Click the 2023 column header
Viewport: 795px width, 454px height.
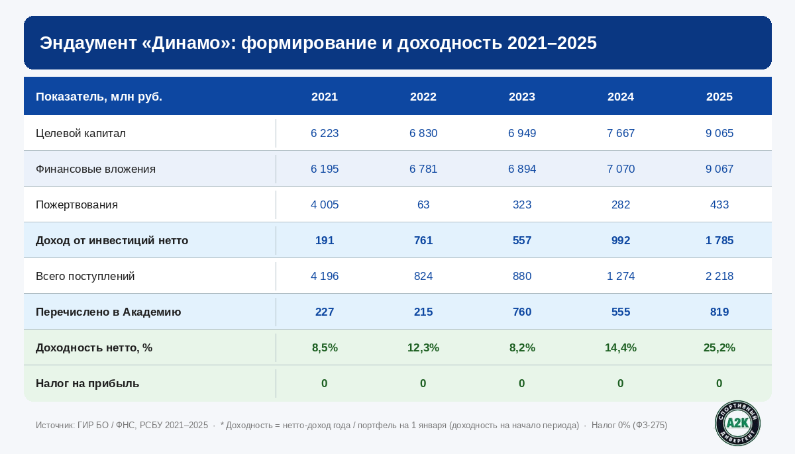tap(522, 97)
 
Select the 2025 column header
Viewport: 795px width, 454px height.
tap(719, 97)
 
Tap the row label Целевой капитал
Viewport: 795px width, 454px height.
tap(81, 134)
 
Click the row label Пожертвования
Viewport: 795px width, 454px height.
tap(77, 205)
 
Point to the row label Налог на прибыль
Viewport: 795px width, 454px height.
tap(87, 384)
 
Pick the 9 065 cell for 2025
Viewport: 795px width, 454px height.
tap(719, 134)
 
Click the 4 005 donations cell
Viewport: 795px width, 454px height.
tap(325, 205)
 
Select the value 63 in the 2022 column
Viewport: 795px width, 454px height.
tap(423, 205)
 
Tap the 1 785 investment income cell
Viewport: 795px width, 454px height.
tap(719, 241)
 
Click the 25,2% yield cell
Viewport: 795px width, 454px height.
tap(719, 348)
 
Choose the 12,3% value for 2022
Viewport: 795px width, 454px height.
tap(423, 348)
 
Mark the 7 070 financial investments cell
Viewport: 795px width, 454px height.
tap(621, 169)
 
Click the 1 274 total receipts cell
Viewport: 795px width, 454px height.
tap(621, 277)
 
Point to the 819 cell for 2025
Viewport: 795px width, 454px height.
tap(719, 312)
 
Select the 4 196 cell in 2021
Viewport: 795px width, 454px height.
tap(325, 277)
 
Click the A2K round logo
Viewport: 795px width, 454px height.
tap(737, 423)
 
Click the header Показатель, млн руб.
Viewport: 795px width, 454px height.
tap(99, 97)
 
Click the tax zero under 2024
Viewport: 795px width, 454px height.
tap(621, 384)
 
